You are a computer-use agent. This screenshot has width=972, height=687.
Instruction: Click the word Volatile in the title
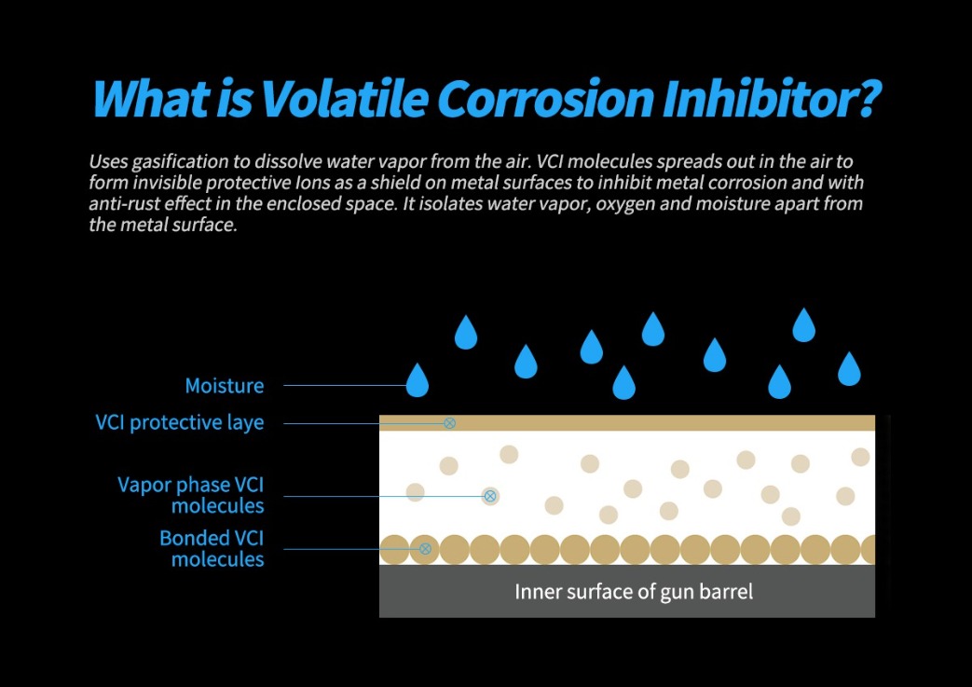point(344,98)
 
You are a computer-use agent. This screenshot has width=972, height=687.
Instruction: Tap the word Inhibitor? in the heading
point(771,98)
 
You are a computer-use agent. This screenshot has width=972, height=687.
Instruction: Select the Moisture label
point(225,386)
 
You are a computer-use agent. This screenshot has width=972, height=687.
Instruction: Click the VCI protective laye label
point(180,422)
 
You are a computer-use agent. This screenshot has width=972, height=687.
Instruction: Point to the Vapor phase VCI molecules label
point(191,495)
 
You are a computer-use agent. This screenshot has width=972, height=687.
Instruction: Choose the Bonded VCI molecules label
point(212,548)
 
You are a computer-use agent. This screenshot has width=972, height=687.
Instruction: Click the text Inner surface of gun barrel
point(634,592)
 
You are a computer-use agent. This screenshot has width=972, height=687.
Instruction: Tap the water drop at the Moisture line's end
point(418,379)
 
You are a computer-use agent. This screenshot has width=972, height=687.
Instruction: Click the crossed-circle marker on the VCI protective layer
point(450,423)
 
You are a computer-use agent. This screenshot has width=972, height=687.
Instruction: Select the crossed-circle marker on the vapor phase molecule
point(490,496)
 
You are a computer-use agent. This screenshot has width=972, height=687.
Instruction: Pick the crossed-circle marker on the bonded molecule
point(425,549)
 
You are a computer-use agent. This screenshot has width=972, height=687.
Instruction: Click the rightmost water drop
point(849,368)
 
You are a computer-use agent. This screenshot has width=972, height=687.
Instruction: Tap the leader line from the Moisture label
point(345,385)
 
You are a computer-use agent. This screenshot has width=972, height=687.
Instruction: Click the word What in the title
point(151,98)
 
